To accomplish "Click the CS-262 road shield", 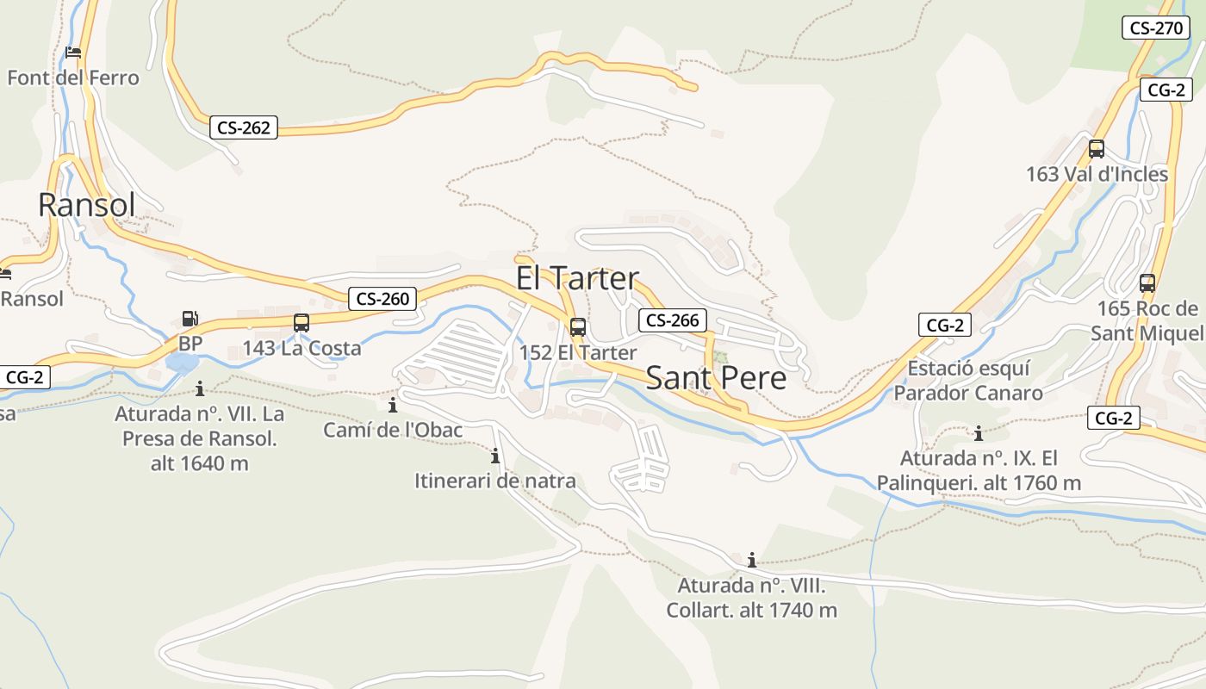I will (x=244, y=128).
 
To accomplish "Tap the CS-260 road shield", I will (x=383, y=299).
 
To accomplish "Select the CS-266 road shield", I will (x=673, y=320).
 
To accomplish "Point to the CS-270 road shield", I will (x=1156, y=28).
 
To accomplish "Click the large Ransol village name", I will (x=87, y=205).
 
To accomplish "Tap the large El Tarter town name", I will (x=577, y=278).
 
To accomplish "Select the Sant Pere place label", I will (x=716, y=378).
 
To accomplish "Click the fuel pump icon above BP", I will (x=190, y=319).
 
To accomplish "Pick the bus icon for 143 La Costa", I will (x=301, y=323).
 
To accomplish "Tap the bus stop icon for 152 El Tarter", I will (x=578, y=327).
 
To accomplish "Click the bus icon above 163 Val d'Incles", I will (x=1097, y=148).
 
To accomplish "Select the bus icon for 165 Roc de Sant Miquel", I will (x=1147, y=282).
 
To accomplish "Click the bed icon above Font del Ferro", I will (x=73, y=53).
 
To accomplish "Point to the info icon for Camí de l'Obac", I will (x=394, y=404).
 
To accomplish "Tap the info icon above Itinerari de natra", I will (x=495, y=456).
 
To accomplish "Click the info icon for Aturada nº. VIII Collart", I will (x=752, y=560).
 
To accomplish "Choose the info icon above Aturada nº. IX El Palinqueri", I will (x=979, y=432).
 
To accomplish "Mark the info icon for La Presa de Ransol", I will (x=200, y=388).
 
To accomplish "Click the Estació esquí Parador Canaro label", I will (x=968, y=381).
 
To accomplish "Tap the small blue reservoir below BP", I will (x=183, y=363).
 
